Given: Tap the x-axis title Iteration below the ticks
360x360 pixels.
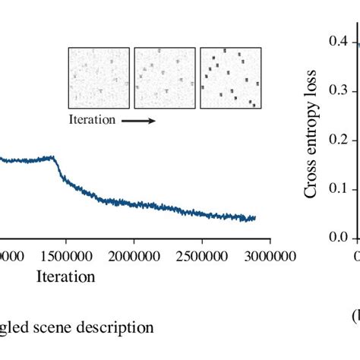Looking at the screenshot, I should click(x=66, y=276).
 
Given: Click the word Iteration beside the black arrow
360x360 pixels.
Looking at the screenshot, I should click(x=92, y=119).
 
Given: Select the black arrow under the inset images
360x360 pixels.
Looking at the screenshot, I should click(x=137, y=120).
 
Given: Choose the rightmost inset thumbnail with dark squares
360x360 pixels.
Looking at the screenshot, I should click(x=230, y=78).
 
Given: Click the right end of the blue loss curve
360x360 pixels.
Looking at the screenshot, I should click(x=254, y=218).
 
